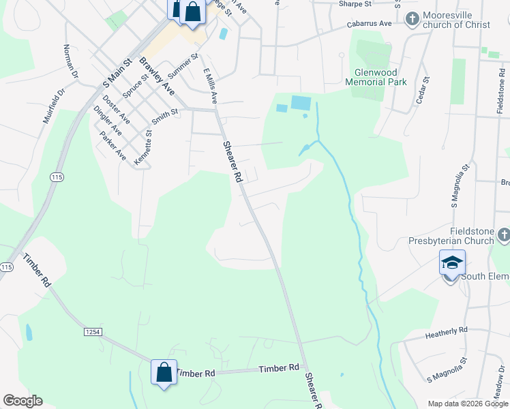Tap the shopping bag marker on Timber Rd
[164, 373]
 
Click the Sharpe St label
[355, 3]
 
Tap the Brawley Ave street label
[157, 76]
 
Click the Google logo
[22, 401]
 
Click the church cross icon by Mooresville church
[412, 19]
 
